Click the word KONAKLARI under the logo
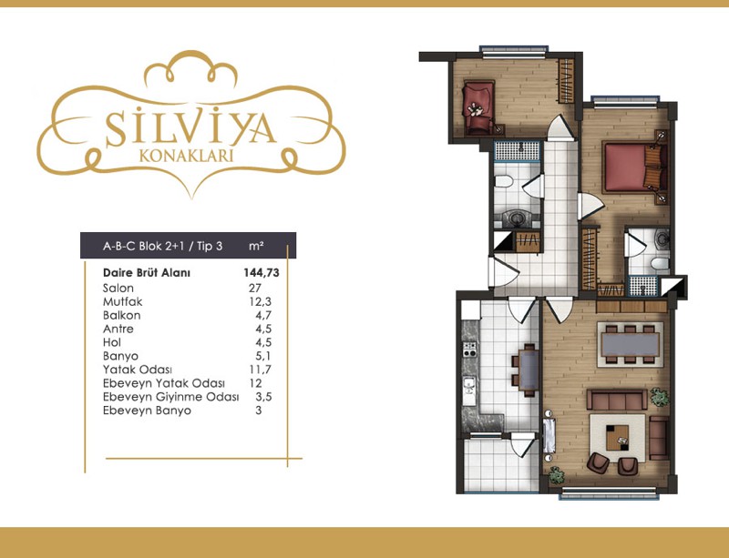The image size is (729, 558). (x=186, y=156)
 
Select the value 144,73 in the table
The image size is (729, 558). (x=262, y=273)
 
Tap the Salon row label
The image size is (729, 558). (x=118, y=288)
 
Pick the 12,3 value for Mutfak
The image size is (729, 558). (x=260, y=302)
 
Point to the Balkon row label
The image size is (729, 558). (x=122, y=316)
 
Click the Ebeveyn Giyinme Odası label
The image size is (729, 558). (x=171, y=397)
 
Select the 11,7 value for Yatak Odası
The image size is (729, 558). (x=260, y=370)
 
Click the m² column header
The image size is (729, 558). (x=256, y=245)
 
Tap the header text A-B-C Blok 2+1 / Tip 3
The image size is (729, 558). (x=163, y=246)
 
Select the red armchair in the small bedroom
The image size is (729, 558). (x=477, y=107)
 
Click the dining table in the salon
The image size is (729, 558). (x=630, y=344)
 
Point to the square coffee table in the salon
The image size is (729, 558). (x=618, y=438)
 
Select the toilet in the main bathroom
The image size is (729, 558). (x=504, y=181)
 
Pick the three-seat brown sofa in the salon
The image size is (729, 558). (x=617, y=400)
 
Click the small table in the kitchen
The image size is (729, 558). (x=529, y=370)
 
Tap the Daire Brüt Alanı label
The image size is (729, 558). (x=147, y=273)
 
